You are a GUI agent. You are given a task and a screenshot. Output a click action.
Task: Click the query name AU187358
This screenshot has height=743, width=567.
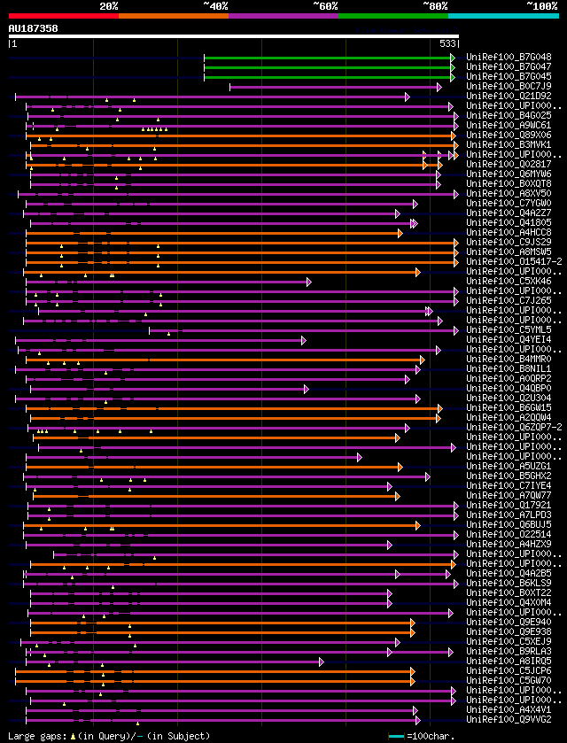[33, 28]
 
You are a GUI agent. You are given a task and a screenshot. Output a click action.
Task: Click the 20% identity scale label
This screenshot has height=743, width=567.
[109, 6]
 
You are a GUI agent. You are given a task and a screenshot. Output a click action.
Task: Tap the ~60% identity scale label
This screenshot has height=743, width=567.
[325, 6]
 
